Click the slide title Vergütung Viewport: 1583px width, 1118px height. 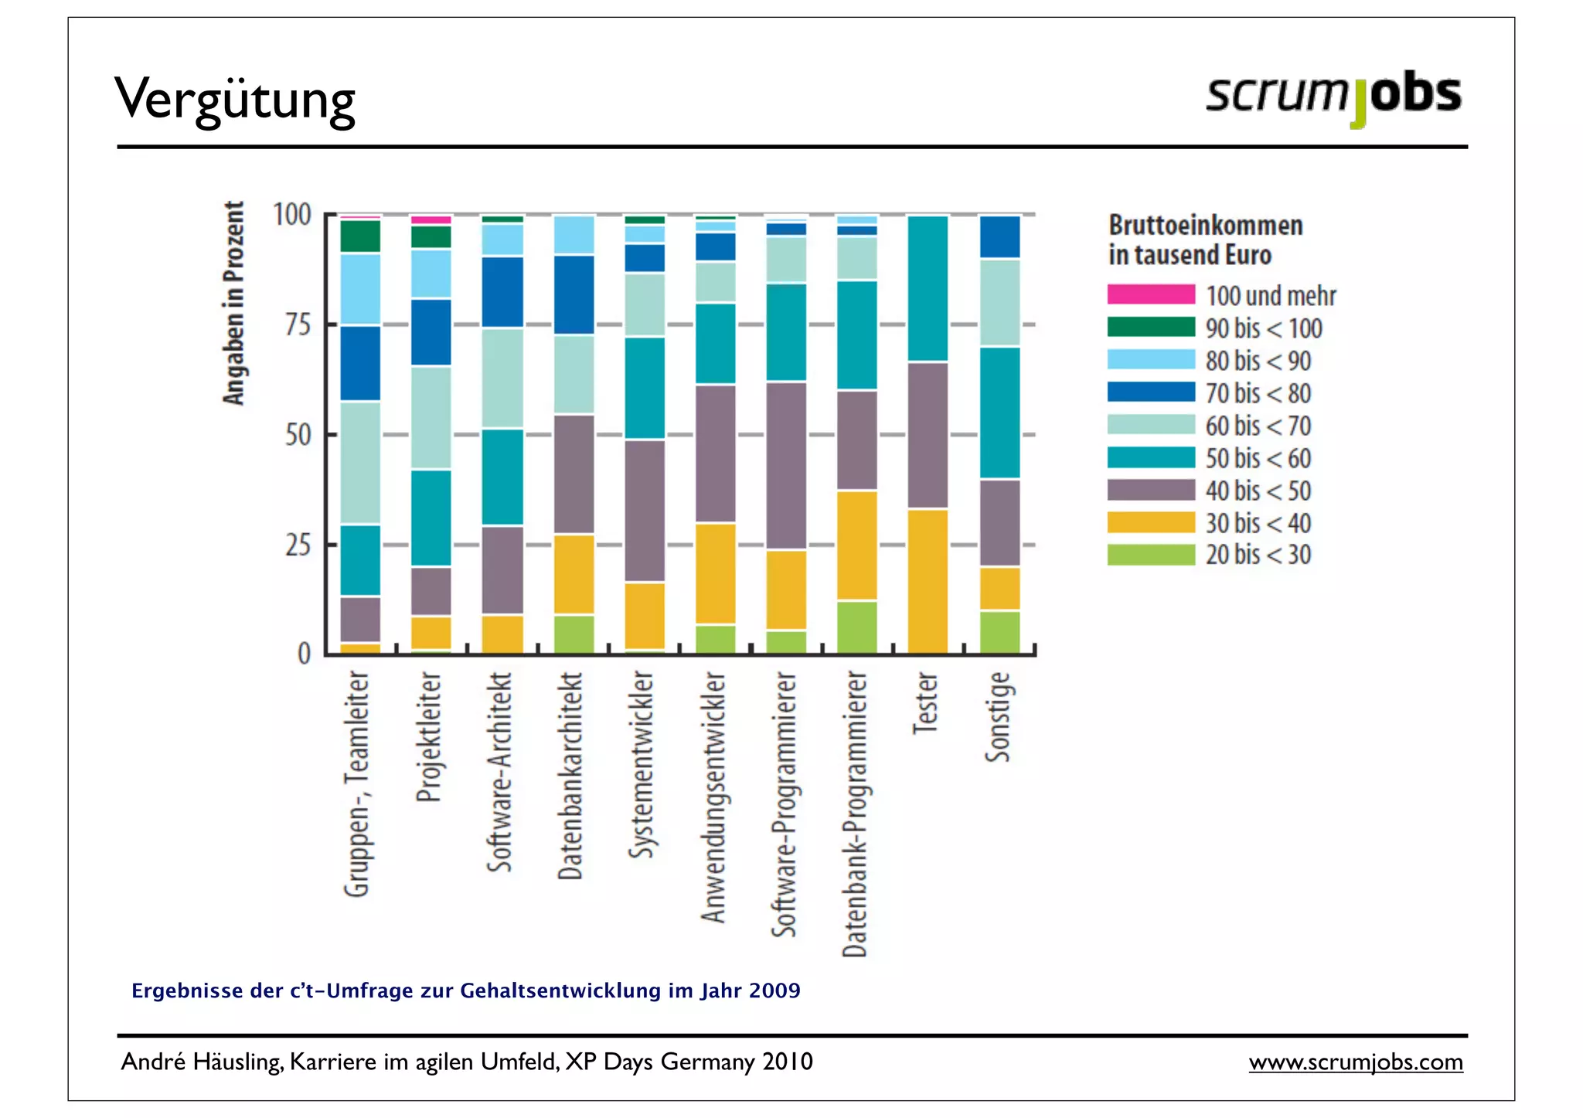(235, 99)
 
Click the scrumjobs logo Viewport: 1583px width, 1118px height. (1333, 96)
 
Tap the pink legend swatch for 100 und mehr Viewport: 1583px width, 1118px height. (1150, 294)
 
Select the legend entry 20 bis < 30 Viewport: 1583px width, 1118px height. (1258, 555)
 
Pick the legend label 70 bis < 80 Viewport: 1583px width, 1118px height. (1258, 393)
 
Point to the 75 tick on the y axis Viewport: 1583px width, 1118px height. (298, 325)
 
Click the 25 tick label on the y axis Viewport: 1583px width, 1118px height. (298, 545)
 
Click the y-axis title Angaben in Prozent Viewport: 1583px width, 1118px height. (233, 303)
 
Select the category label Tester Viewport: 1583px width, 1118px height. (925, 702)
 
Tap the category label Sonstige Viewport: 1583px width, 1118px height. (998, 716)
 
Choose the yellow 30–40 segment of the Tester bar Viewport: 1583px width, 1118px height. (927, 581)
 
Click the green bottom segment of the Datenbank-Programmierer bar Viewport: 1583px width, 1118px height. (856, 627)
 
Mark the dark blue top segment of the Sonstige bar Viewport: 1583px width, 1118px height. (999, 236)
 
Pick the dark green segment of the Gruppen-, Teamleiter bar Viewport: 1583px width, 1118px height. (360, 236)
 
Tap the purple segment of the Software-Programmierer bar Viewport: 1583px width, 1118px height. (785, 465)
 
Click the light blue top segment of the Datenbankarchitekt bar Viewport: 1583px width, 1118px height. (574, 235)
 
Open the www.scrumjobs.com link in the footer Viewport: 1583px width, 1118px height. (1355, 1062)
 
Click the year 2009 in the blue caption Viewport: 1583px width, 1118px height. (774, 991)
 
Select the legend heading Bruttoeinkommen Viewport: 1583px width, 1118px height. (1205, 226)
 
